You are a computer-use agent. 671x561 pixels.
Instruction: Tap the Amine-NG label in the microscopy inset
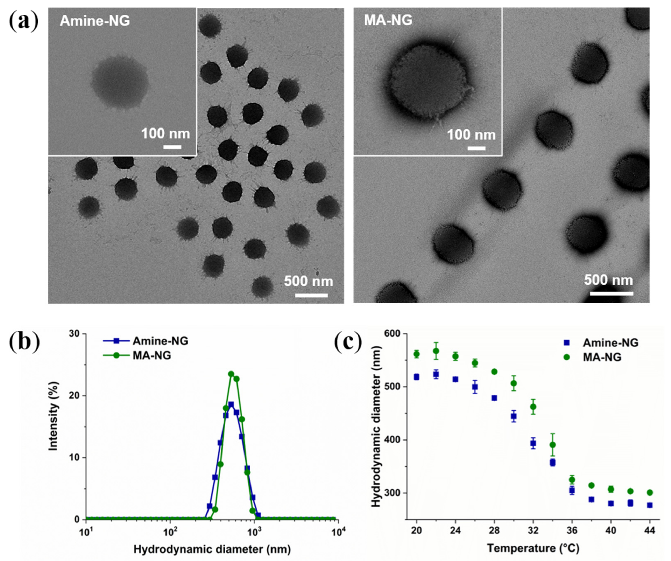click(x=95, y=21)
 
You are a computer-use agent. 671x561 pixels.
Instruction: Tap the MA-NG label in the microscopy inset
click(x=388, y=20)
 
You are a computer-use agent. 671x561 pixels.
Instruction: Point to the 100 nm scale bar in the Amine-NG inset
click(x=172, y=147)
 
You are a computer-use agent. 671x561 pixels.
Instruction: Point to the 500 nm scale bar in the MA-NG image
click(x=611, y=293)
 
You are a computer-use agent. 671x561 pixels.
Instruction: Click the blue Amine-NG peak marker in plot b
click(x=231, y=404)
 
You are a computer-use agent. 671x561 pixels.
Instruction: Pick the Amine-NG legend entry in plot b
click(x=145, y=341)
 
